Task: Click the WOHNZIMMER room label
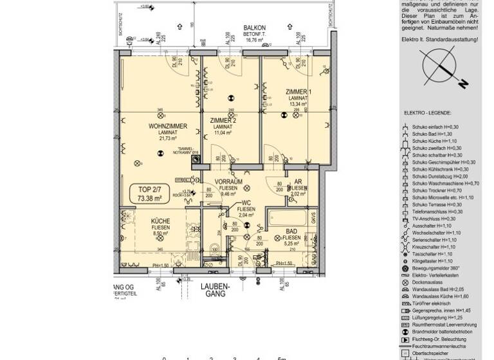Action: pos(167,126)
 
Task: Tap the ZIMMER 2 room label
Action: pos(223,121)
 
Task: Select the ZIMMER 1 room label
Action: pos(298,92)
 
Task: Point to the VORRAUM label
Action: pos(228,182)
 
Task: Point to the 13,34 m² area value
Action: pos(298,104)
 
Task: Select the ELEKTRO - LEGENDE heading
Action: pos(427,113)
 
